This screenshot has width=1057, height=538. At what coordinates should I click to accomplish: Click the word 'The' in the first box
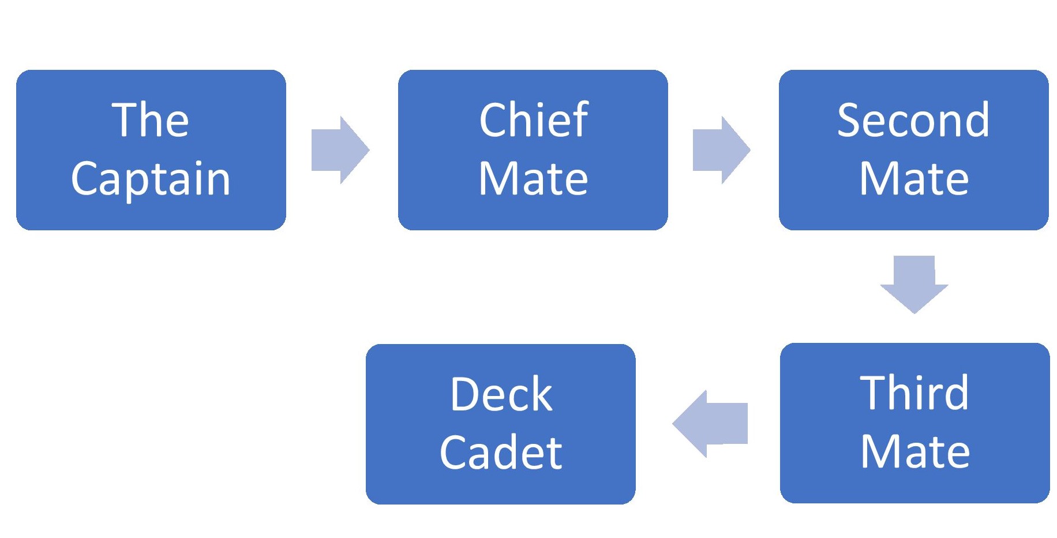150,120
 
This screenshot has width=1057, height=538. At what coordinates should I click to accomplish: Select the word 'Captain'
151,180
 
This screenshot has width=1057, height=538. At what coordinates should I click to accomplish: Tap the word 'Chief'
533,120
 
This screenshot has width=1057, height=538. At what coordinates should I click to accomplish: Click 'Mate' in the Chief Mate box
533,179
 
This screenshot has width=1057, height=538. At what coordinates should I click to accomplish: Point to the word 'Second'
913,120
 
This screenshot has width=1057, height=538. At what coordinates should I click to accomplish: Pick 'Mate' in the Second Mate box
914,179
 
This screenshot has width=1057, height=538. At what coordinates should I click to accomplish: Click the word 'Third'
914,393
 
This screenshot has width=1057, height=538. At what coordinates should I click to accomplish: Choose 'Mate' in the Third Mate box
915,452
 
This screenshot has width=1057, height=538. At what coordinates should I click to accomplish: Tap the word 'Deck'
501,394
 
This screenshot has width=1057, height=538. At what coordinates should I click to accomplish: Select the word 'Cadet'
501,453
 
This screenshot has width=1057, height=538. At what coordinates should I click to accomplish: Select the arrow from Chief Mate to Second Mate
721,150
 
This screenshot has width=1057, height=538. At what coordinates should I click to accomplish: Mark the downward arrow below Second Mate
914,284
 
